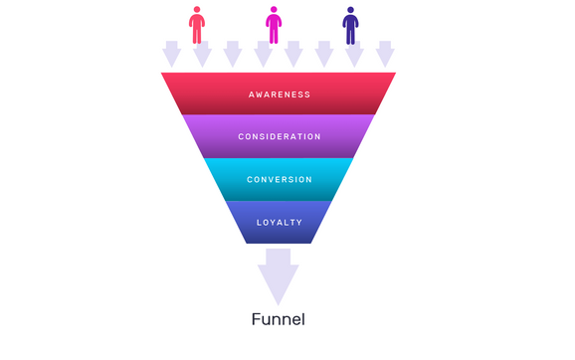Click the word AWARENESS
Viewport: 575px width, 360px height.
[x=280, y=94]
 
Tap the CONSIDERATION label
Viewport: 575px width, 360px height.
[x=280, y=136]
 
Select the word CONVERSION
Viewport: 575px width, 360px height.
[x=280, y=179]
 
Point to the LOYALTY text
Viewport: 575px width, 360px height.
[x=280, y=222]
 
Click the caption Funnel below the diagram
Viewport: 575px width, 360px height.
[x=278, y=320]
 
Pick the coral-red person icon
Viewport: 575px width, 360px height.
[x=197, y=26]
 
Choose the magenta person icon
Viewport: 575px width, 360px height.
[x=274, y=26]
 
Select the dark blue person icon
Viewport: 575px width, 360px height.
[x=350, y=26]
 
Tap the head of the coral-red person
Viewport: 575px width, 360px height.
[x=197, y=10]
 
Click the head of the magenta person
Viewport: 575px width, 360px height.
[x=274, y=10]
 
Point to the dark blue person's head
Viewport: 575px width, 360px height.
[x=350, y=10]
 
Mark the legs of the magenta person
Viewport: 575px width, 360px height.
[x=274, y=36]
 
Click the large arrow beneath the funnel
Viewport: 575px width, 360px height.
[x=279, y=275]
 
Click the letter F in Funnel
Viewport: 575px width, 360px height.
[x=258, y=320]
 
